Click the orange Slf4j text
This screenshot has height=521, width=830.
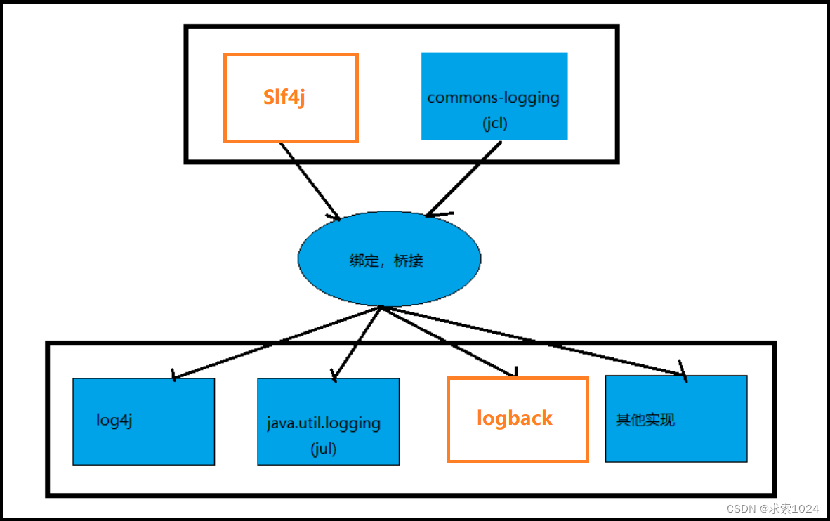click(x=284, y=98)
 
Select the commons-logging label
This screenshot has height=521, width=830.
click(x=493, y=98)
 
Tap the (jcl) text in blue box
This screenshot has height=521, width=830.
click(x=494, y=124)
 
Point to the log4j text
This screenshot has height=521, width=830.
click(x=114, y=421)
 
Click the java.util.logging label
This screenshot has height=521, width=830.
click(x=324, y=423)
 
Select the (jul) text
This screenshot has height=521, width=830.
click(x=323, y=449)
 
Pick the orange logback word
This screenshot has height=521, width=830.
click(x=514, y=418)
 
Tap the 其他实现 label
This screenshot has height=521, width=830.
click(x=645, y=420)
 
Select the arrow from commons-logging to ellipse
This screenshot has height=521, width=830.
click(x=465, y=178)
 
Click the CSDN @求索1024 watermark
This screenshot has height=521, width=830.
click(x=772, y=508)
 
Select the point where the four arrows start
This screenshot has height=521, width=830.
click(x=381, y=307)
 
